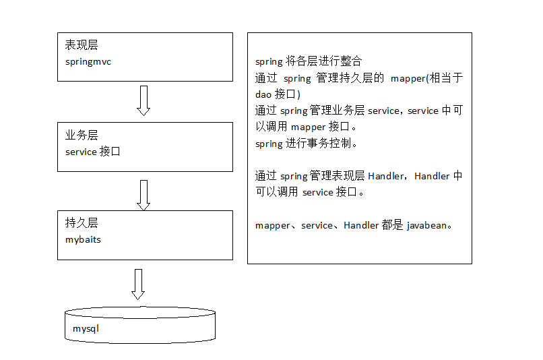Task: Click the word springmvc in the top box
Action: tap(88, 62)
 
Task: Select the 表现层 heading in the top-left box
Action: tap(82, 45)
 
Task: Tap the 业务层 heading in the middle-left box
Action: tap(82, 136)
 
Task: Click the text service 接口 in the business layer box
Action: tap(93, 152)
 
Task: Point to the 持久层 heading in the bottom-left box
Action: tap(82, 223)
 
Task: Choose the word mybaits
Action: tap(83, 240)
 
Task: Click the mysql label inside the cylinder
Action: tap(86, 329)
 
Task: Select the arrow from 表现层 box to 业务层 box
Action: tap(143, 100)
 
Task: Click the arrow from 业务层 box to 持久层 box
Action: tap(143, 194)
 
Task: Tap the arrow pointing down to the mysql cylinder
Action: tap(138, 284)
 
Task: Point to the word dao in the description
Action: tap(263, 94)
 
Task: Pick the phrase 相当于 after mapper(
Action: tap(445, 78)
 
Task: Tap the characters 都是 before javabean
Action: tap(392, 226)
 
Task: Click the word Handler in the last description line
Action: tap(361, 226)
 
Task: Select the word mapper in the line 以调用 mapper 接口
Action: tap(308, 127)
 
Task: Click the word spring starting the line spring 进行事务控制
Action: tap(269, 144)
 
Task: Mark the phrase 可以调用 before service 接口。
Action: tap(277, 193)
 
